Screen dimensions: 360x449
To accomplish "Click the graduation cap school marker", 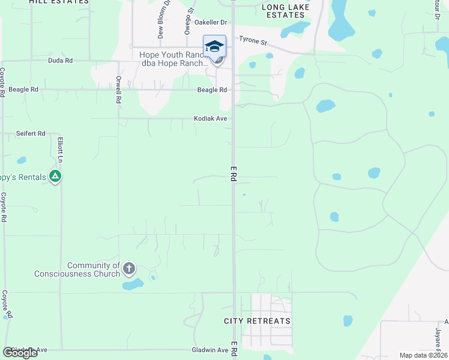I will point(214,46).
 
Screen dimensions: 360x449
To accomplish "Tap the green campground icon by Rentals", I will point(55,176).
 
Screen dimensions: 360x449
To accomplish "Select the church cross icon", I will point(129,268).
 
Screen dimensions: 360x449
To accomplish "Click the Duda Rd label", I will point(60,61).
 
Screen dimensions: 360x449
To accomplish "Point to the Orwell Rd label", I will point(119,89).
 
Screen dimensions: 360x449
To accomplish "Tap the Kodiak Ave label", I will point(210,119).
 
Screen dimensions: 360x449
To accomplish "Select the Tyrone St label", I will point(253,41).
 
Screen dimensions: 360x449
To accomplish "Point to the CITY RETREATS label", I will point(257,321).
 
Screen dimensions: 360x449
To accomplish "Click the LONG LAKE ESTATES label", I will point(286,10).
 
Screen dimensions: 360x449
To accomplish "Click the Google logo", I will point(20,353).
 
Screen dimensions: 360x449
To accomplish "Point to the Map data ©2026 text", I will point(424,355).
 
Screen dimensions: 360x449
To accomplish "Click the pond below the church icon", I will point(133,284).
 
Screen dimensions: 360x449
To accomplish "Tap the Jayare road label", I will point(438,336).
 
